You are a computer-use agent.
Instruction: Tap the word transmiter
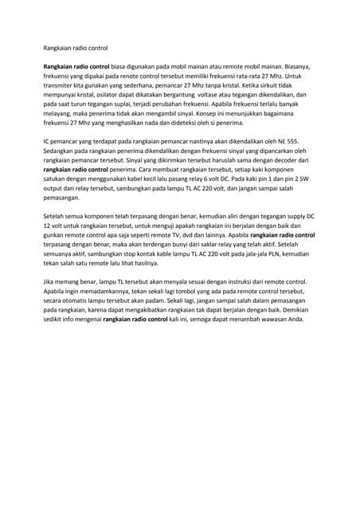tap(59, 85)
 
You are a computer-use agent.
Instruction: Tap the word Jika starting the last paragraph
tap(49, 281)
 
